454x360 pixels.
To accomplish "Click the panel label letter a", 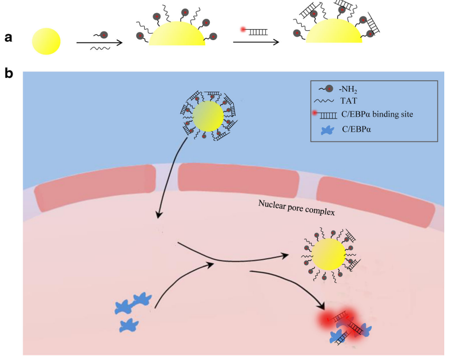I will (8, 37).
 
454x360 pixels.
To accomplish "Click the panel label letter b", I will (8, 74).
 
